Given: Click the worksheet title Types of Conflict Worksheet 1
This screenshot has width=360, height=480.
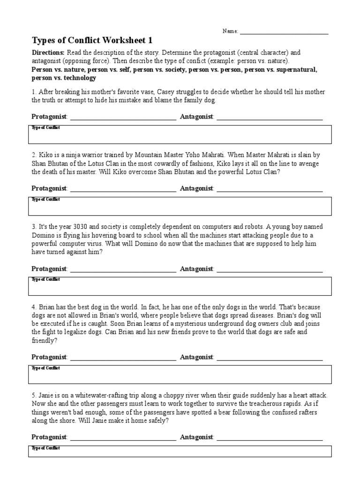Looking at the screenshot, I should tap(92, 40).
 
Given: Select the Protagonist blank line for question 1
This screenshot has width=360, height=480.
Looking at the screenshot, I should tap(123, 117).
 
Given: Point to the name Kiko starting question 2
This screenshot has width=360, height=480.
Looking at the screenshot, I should tap(45, 155).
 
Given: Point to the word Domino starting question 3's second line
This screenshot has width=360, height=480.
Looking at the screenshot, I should tap(44, 235).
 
